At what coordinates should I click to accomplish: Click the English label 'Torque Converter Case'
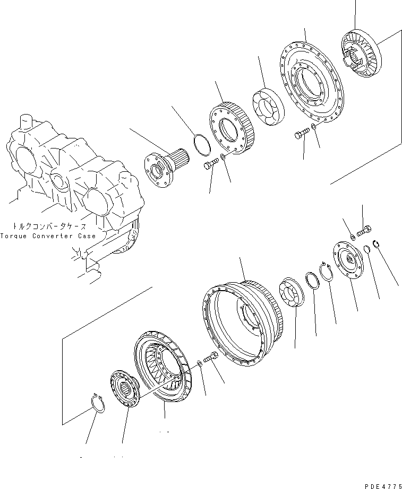[48, 235]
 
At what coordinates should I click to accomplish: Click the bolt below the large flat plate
[301, 135]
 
